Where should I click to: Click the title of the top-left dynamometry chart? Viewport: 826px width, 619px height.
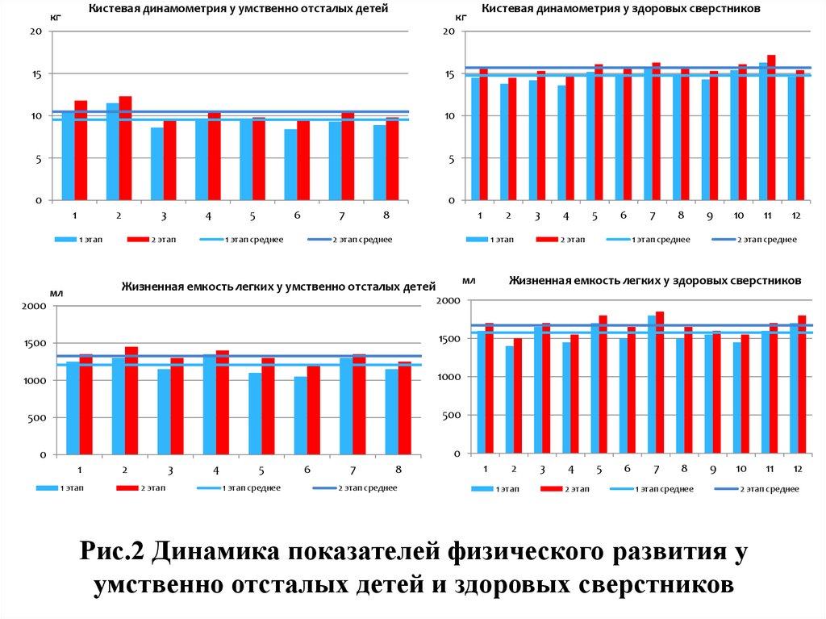(x=238, y=9)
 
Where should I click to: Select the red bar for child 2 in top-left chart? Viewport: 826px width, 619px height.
(x=125, y=148)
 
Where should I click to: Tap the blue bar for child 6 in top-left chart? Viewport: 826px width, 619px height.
(x=290, y=165)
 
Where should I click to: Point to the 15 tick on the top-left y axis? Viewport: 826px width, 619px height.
(x=35, y=74)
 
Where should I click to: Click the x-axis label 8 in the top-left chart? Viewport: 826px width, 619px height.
(x=386, y=215)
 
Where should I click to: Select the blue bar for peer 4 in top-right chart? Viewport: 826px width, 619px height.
(x=561, y=143)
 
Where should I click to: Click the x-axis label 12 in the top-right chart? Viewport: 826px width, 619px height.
(x=796, y=215)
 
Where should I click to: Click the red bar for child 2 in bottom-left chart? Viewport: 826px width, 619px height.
(x=131, y=401)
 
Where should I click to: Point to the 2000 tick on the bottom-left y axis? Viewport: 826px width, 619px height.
(x=34, y=306)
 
